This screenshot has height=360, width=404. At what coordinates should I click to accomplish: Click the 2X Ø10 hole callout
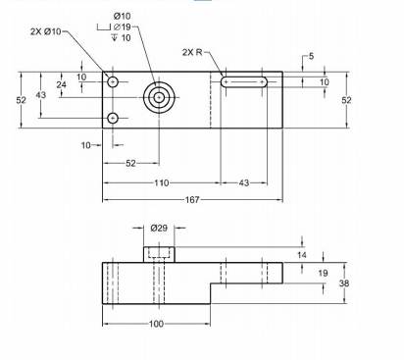46,31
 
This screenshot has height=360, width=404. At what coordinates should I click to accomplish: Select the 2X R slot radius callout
192,52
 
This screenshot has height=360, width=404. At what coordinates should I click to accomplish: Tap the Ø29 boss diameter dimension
159,228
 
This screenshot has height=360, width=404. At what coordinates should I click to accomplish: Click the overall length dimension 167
192,199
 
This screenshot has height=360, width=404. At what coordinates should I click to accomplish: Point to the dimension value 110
162,182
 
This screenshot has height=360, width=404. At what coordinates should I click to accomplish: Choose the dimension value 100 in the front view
156,324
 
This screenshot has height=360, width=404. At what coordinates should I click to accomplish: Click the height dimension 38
344,283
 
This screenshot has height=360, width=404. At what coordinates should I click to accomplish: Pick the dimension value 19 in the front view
323,273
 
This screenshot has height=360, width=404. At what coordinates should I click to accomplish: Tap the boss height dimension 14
302,255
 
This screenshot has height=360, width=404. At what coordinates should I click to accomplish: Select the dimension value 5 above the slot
311,56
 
